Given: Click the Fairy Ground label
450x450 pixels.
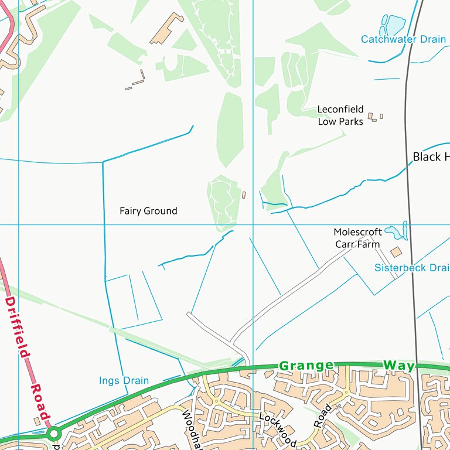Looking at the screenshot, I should click(x=148, y=211).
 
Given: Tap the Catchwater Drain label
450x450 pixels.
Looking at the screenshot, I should click(x=403, y=39).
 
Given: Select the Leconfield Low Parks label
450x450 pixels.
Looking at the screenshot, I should click(x=340, y=115).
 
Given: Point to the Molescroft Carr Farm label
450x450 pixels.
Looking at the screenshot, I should click(x=357, y=238).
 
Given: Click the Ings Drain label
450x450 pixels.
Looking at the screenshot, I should click(x=124, y=381).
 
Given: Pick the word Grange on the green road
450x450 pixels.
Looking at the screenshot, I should click(x=306, y=366).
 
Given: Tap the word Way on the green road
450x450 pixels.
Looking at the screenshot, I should click(x=399, y=366).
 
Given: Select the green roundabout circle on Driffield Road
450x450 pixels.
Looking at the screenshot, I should click(x=54, y=434).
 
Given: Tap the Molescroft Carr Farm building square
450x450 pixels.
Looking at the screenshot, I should click(x=396, y=251).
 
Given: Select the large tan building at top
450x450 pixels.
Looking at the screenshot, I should click(x=167, y=28).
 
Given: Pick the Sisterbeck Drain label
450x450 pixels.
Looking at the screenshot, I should click(x=411, y=268).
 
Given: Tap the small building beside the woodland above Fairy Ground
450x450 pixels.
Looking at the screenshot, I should click(x=244, y=194).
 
